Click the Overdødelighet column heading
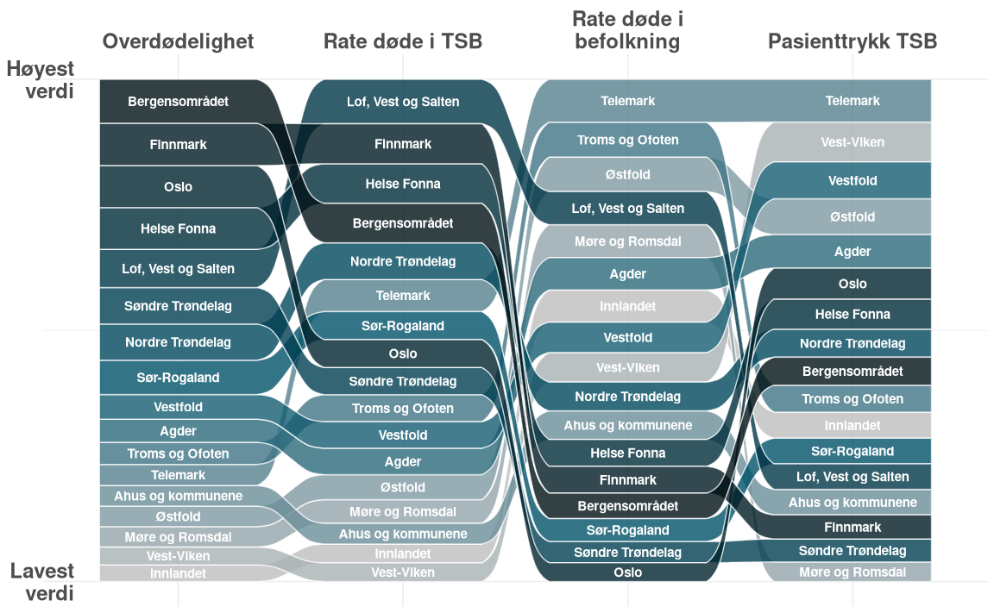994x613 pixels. pyautogui.click(x=178, y=41)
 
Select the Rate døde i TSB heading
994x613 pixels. pyautogui.click(x=403, y=41)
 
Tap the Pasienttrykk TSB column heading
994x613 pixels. pyautogui.click(x=852, y=41)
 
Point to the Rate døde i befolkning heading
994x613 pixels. pyautogui.click(x=627, y=30)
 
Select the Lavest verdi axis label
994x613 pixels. pyautogui.click(x=42, y=582)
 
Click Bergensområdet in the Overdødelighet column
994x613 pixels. pyautogui.click(x=178, y=102)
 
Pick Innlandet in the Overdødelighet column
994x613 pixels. pyautogui.click(x=178, y=573)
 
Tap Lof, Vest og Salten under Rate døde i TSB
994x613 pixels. pyautogui.click(x=403, y=102)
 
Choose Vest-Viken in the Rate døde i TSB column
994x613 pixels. pyautogui.click(x=403, y=572)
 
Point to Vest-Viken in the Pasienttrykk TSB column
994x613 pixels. pyautogui.click(x=852, y=142)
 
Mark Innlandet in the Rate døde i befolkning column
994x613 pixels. pyautogui.click(x=627, y=306)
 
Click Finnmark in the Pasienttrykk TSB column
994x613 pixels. pyautogui.click(x=852, y=527)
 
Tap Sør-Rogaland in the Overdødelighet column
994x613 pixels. pyautogui.click(x=178, y=378)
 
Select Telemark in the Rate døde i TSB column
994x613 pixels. pyautogui.click(x=403, y=296)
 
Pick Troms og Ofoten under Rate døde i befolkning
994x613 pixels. pyautogui.click(x=627, y=140)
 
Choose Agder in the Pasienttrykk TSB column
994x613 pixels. pyautogui.click(x=852, y=252)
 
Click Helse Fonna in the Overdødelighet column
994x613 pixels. pyautogui.click(x=178, y=228)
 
